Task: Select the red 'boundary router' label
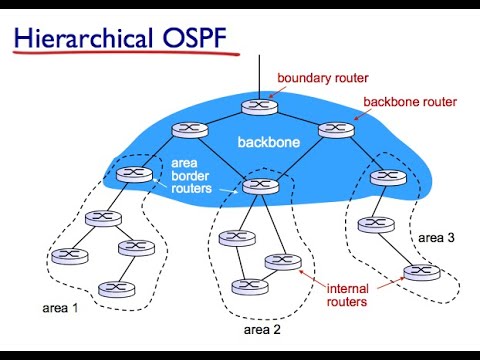[323, 77]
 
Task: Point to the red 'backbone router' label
[410, 102]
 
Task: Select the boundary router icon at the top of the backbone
[257, 104]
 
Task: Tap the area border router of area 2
[259, 184]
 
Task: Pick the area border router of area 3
[384, 177]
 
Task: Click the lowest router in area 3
[419, 272]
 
